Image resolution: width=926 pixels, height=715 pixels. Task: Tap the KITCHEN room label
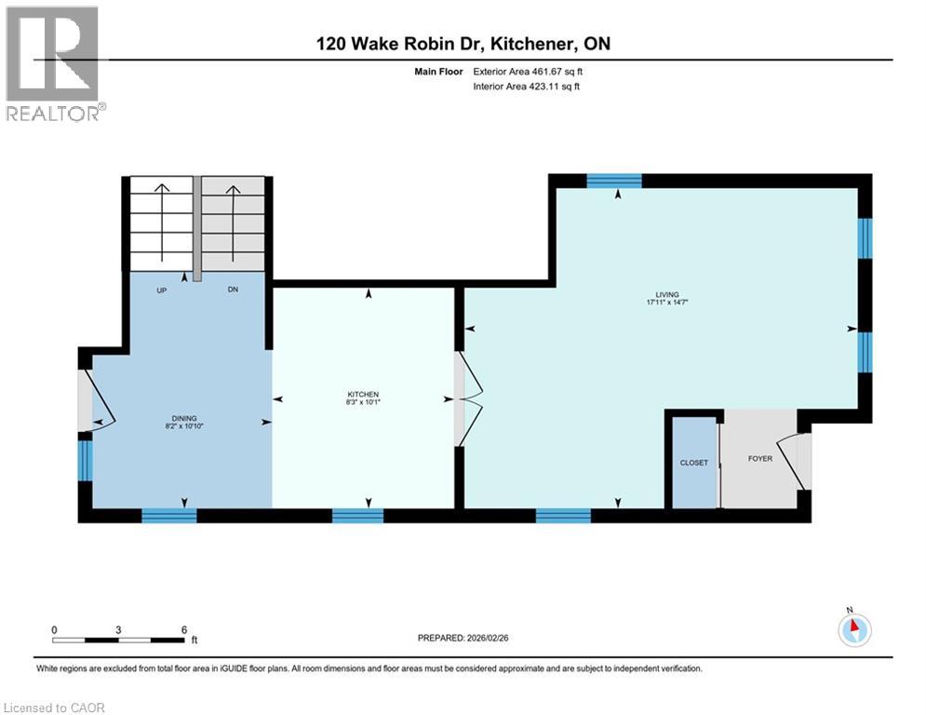click(364, 394)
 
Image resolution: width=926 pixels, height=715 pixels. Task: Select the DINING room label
click(183, 418)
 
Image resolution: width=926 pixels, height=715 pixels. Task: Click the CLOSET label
click(693, 463)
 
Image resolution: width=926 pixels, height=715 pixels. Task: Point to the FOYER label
click(760, 458)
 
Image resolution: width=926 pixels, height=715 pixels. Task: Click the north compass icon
click(853, 629)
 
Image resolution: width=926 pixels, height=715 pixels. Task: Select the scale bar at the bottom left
click(118, 640)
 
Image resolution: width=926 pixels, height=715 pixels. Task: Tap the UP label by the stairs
click(161, 290)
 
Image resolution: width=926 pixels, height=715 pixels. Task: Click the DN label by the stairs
click(235, 290)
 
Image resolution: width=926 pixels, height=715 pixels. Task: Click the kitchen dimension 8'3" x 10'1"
click(364, 402)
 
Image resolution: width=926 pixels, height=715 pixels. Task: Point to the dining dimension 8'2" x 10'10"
click(183, 426)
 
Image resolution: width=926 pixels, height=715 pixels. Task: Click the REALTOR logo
click(53, 63)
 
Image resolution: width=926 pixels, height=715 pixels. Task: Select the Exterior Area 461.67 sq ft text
click(528, 71)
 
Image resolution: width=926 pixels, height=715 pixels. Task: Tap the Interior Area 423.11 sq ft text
click(528, 87)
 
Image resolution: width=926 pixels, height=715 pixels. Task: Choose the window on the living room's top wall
click(614, 181)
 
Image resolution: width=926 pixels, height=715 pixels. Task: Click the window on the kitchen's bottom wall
click(358, 516)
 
